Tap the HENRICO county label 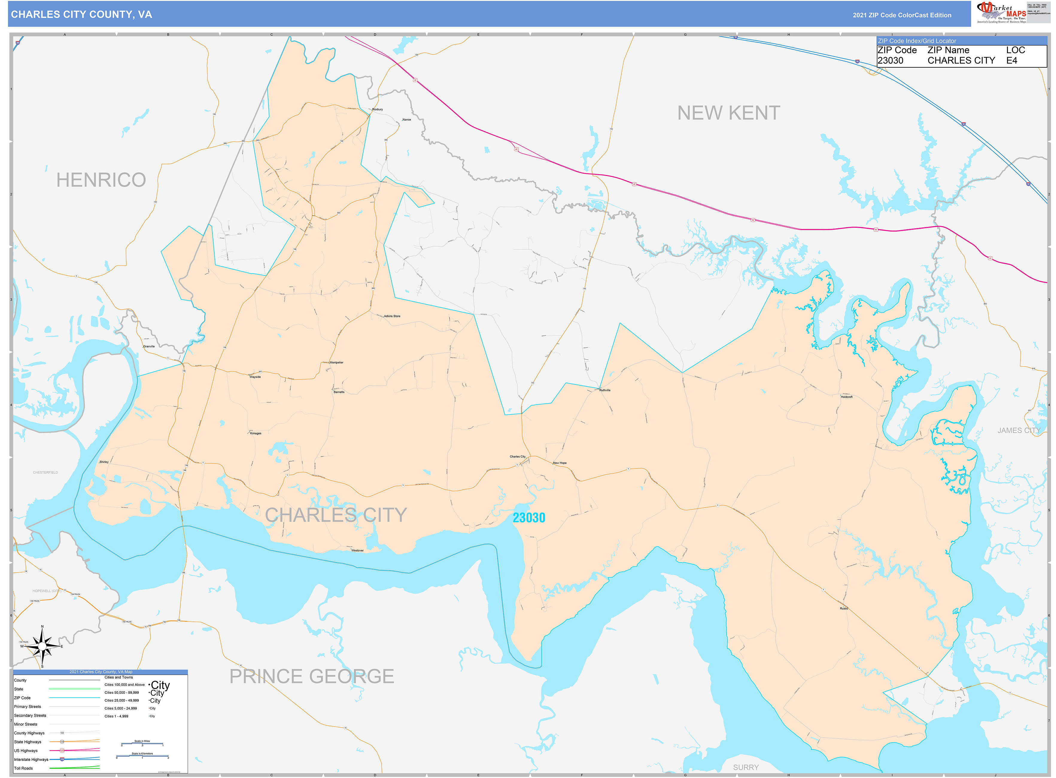pyautogui.click(x=101, y=180)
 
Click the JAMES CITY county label pyautogui.click(x=1018, y=430)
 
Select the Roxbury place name pyautogui.click(x=377, y=109)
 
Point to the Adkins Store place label pyautogui.click(x=392, y=316)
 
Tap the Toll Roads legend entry pyautogui.click(x=24, y=768)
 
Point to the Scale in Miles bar pyautogui.click(x=142, y=744)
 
